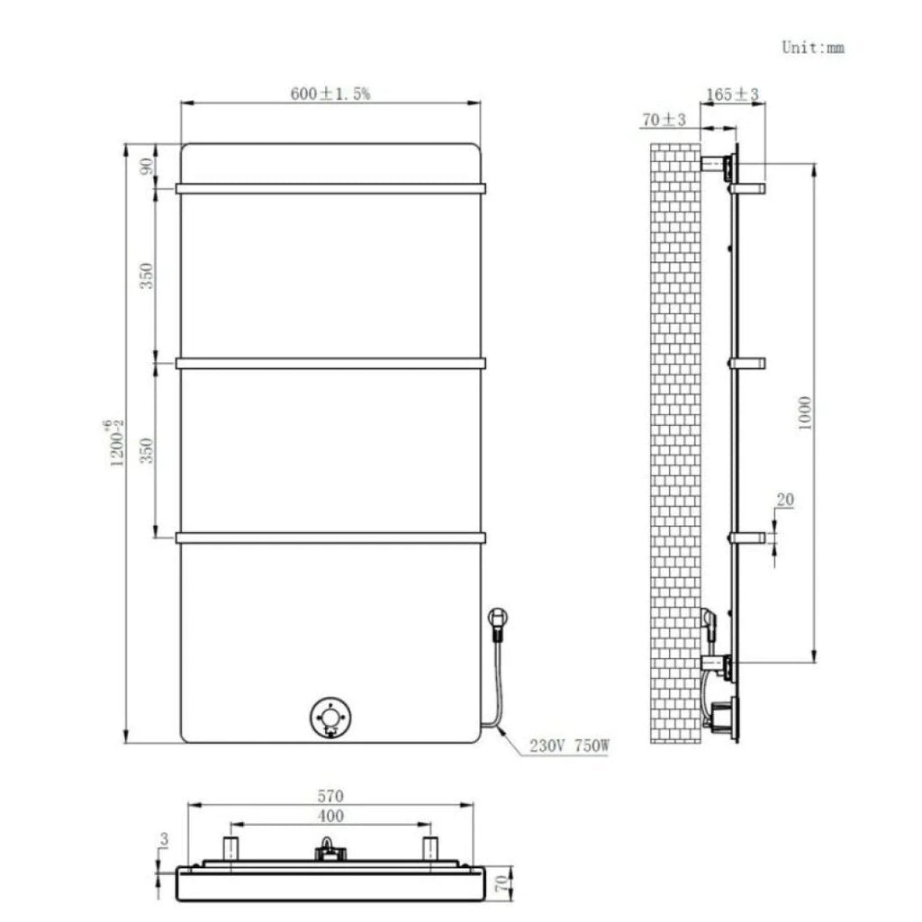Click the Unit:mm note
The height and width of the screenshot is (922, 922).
coord(812,48)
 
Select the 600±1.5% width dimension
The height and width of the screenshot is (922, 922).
coord(330,93)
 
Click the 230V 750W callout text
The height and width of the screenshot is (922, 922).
coord(569,746)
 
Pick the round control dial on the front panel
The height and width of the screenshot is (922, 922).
coord(330,718)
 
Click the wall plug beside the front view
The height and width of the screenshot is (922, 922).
coord(497,620)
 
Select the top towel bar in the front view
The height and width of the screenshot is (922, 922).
coord(330,189)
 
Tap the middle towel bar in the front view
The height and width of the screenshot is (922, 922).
coord(330,364)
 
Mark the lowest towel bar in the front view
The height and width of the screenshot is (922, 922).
coord(330,538)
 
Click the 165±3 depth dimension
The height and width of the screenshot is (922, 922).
coord(733,93)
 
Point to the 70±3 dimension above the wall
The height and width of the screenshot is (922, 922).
coord(664,120)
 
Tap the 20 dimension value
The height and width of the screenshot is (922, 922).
coord(784,500)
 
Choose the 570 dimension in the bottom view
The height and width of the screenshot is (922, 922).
coord(330,796)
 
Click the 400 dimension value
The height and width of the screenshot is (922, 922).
coord(330,817)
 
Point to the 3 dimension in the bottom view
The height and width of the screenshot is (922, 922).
coord(163,839)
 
